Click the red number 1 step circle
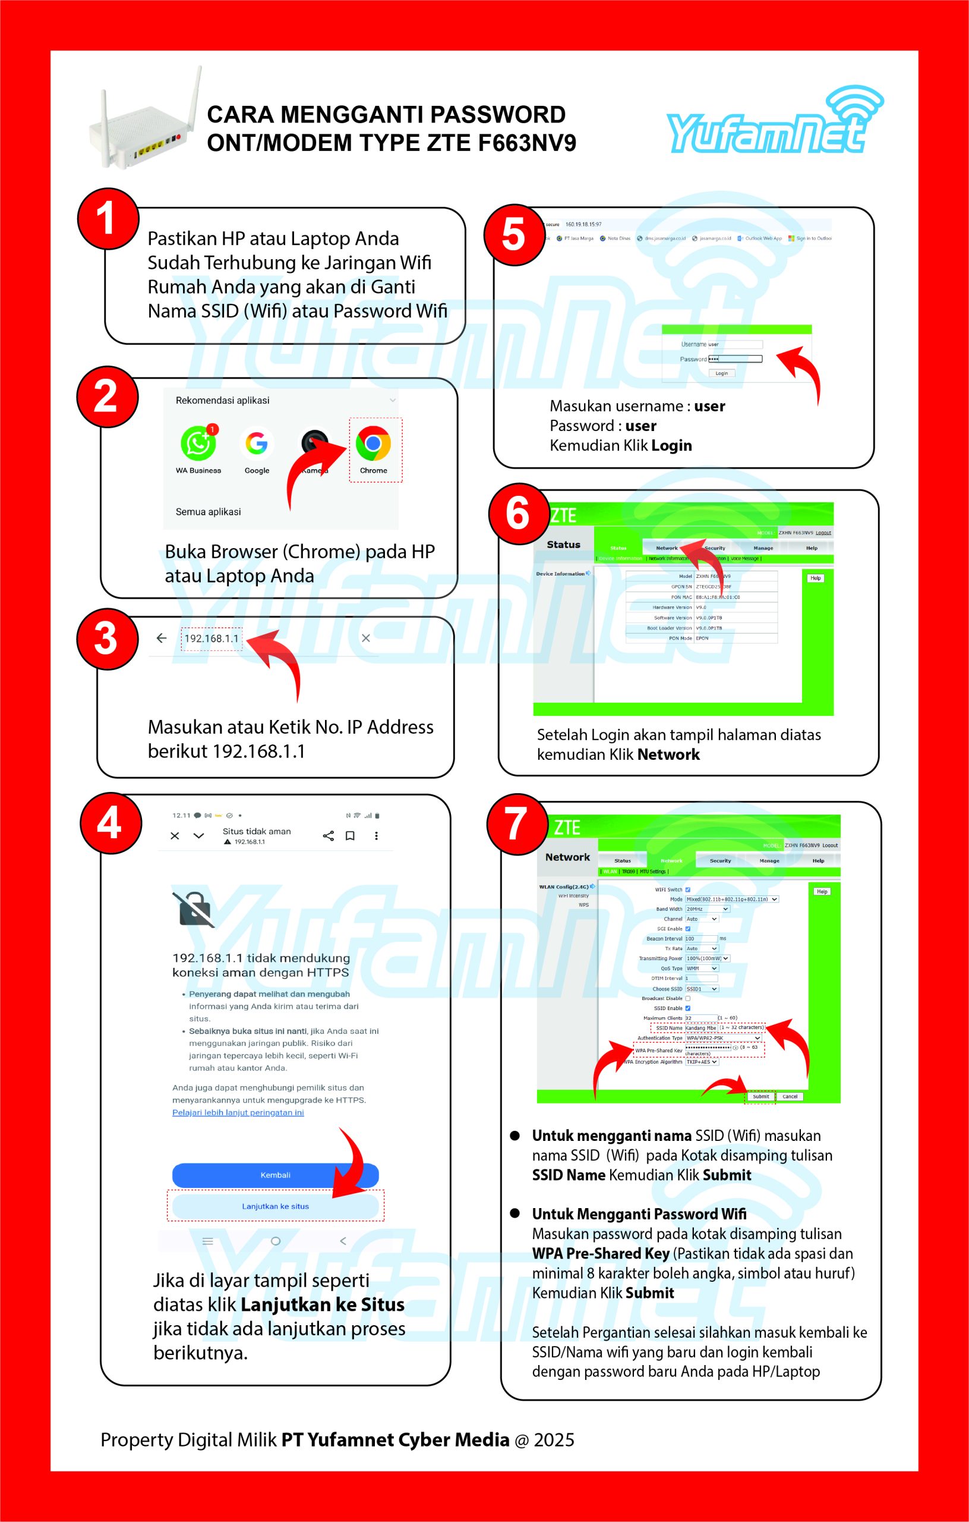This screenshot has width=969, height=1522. coord(108,218)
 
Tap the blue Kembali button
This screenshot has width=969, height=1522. coord(276,1174)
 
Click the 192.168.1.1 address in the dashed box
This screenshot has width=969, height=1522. coord(212,639)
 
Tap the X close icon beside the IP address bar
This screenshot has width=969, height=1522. coord(366,639)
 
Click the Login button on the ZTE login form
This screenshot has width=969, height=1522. coord(721,373)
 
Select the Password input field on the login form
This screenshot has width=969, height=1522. coord(736,359)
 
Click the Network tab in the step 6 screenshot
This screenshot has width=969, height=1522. coord(667,548)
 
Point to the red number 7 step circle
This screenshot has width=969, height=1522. coord(517,824)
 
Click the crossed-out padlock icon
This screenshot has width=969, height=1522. coord(193,910)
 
